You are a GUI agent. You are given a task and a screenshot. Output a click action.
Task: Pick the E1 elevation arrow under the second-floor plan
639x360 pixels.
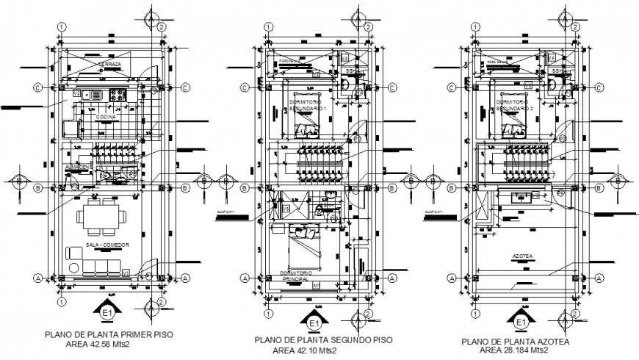313,321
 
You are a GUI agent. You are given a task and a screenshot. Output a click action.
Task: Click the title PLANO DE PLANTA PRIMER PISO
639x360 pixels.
109,334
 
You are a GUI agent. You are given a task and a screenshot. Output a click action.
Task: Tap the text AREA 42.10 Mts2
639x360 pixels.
304,350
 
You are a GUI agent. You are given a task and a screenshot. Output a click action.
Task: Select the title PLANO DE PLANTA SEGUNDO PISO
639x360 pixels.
323,340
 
